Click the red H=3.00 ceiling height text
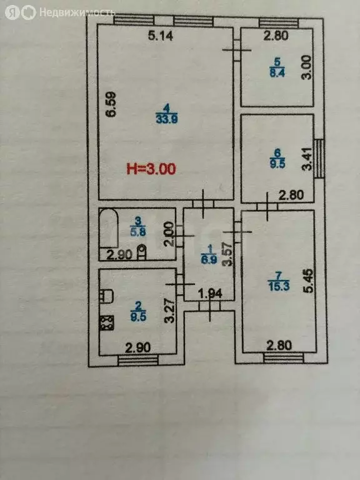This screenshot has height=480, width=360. tap(151, 169)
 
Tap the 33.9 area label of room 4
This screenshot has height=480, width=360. tap(167, 119)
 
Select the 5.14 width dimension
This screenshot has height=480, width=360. tap(161, 36)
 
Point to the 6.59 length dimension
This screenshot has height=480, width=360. tap(111, 104)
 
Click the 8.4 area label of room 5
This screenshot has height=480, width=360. tap(277, 73)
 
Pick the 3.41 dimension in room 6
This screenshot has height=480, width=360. tap(307, 159)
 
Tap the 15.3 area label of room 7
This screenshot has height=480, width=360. tap(279, 286)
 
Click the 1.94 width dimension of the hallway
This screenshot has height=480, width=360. tap(210, 294)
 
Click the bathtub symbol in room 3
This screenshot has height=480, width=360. tap(109, 228)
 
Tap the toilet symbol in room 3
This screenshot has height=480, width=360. tap(141, 252)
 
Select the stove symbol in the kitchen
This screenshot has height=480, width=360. tap(106, 323)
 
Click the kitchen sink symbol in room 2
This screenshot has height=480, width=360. tap(106, 296)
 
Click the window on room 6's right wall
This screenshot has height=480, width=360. tap(319, 159)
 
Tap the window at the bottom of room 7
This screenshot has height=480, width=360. tap(284, 358)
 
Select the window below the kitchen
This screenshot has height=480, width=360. tap(138, 360)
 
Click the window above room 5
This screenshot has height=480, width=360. tap(279, 23)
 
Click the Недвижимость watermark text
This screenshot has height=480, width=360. tap(77, 12)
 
